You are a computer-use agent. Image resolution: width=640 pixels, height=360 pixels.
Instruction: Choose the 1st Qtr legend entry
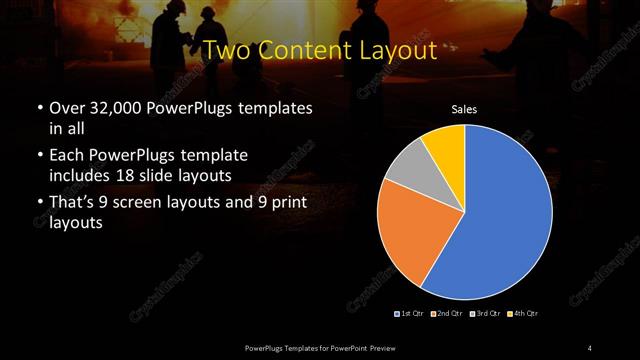tap(409, 314)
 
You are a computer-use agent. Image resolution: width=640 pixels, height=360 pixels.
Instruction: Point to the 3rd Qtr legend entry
tap(486, 314)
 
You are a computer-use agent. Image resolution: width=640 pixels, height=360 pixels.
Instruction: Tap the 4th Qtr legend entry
tap(523, 314)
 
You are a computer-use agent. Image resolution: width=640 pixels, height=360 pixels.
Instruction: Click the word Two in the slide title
tap(227, 50)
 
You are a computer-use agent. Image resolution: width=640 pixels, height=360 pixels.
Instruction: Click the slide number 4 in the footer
tap(590, 347)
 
